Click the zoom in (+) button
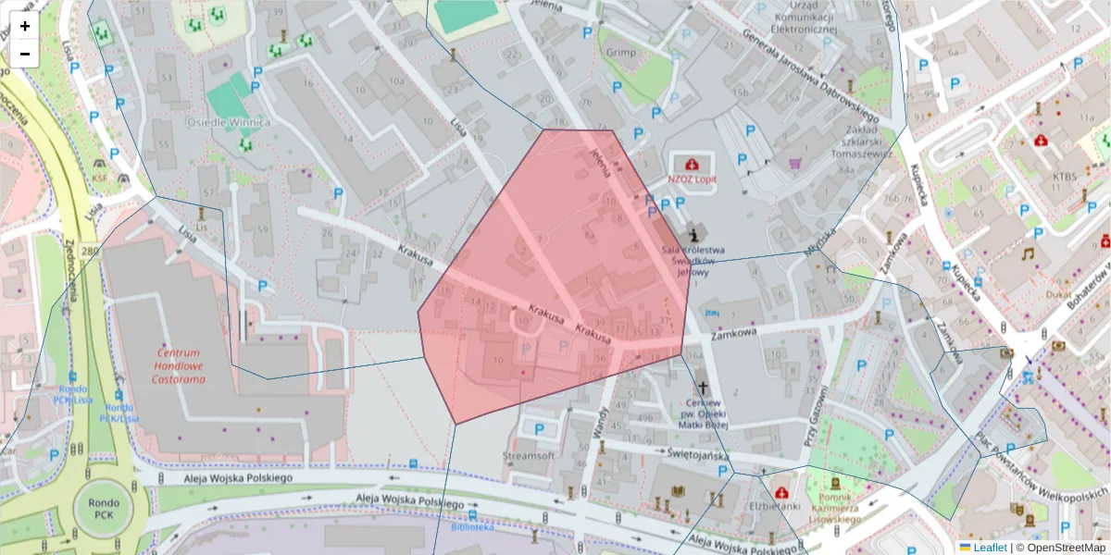(25, 26)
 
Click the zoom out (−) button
(25, 54)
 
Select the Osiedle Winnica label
(229, 122)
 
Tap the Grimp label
(621, 53)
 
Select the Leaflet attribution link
(989, 548)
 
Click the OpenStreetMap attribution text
(1062, 548)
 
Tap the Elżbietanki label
(774, 506)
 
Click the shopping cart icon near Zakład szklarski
(794, 164)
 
